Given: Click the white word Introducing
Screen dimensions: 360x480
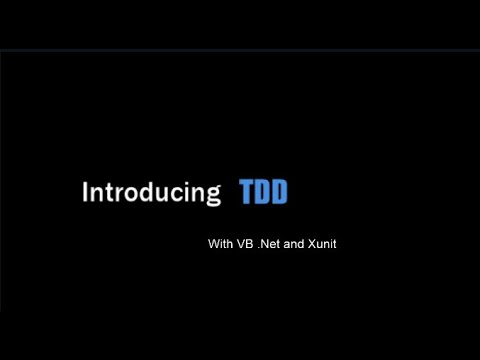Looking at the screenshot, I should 150,192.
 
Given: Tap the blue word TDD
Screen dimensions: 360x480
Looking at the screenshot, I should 263,191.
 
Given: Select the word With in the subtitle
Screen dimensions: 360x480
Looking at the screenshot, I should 218,243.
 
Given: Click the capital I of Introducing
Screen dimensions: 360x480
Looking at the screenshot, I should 84,191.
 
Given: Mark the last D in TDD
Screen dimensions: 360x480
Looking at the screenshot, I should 279,191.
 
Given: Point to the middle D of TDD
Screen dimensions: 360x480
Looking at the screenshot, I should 263,191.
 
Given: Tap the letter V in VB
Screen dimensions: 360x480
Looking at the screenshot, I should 239,243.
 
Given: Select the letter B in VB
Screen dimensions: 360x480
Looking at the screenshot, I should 247,243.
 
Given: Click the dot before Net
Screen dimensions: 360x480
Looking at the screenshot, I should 258,246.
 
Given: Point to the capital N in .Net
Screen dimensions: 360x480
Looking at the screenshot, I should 264,243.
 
